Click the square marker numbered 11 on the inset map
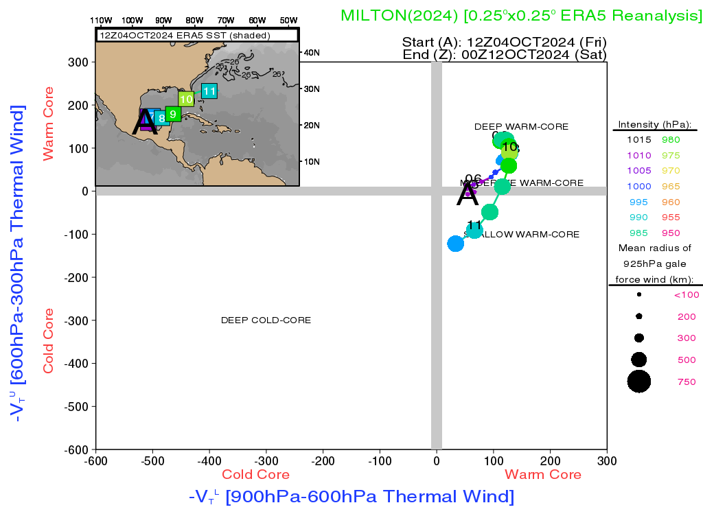[209, 91]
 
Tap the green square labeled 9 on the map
[173, 114]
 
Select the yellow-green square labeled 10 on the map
[186, 99]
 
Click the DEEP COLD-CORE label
[266, 320]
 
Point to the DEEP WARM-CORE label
[521, 127]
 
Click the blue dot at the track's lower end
[455, 244]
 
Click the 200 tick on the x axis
[550, 459]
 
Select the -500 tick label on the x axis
[152, 459]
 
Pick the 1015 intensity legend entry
[638, 139]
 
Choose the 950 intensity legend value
[671, 233]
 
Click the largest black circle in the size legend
[638, 381]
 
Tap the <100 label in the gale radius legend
[686, 295]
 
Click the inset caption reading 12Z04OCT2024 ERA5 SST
[185, 35]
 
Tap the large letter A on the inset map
[145, 121]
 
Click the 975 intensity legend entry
[671, 155]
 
